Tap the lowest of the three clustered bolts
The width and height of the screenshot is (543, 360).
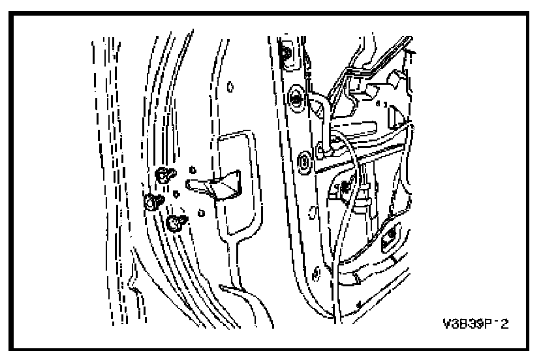(175, 224)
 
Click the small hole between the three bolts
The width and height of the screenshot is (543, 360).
(176, 194)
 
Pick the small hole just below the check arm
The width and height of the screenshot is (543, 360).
(200, 213)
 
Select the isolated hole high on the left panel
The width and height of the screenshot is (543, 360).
(230, 85)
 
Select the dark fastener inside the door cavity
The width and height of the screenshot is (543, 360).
(340, 189)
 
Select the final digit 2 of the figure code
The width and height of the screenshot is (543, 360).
(504, 324)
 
